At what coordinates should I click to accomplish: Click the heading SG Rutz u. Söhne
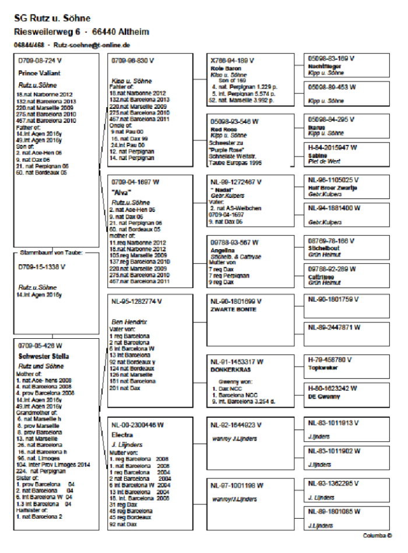[x=52, y=19]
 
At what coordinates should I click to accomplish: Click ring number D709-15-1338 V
[x=42, y=267]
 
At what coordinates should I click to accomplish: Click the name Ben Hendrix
[x=126, y=321]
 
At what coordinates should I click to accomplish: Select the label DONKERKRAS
[x=229, y=368]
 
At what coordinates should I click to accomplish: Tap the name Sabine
[x=317, y=155]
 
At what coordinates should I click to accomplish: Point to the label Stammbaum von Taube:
[x=51, y=253]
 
